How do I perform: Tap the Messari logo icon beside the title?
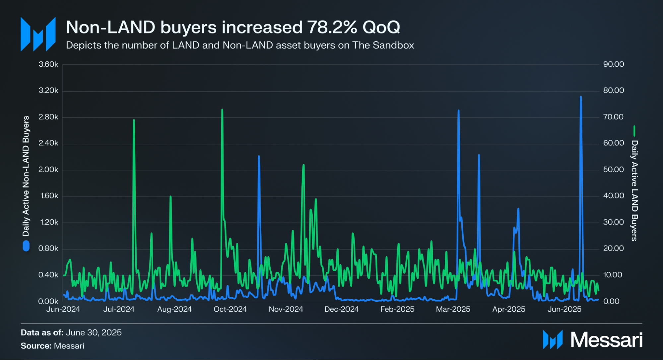[x=38, y=34]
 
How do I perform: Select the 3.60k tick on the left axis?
[x=48, y=64]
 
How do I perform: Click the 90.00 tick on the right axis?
[x=613, y=64]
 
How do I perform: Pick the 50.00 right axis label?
[x=613, y=170]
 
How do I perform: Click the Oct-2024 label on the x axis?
[x=230, y=309]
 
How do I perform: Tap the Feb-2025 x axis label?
[x=397, y=309]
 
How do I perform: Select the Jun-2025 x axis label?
[x=564, y=309]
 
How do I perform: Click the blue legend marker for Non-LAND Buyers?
[x=26, y=246]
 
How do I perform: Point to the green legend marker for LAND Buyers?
[x=634, y=131]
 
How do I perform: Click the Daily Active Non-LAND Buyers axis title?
[x=26, y=176]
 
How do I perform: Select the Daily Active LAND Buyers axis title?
[x=634, y=190]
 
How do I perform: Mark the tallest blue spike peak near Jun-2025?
[x=581, y=97]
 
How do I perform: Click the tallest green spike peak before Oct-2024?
[x=222, y=109]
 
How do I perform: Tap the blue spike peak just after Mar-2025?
[x=458, y=110]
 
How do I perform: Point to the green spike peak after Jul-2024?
[x=134, y=120]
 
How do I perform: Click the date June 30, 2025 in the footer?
[x=94, y=332]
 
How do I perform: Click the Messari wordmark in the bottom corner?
[x=606, y=340]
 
